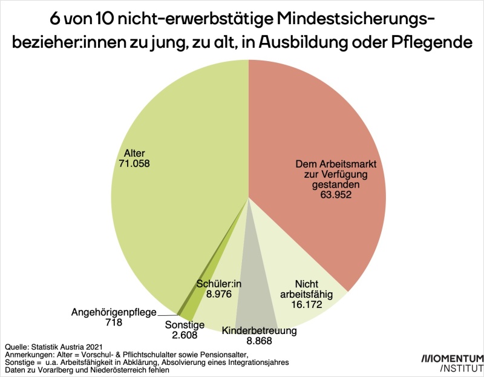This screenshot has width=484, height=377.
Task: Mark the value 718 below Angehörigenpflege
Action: (x=113, y=323)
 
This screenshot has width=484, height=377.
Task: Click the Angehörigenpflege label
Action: (x=114, y=312)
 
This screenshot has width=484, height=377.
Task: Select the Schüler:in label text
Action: (x=219, y=283)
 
